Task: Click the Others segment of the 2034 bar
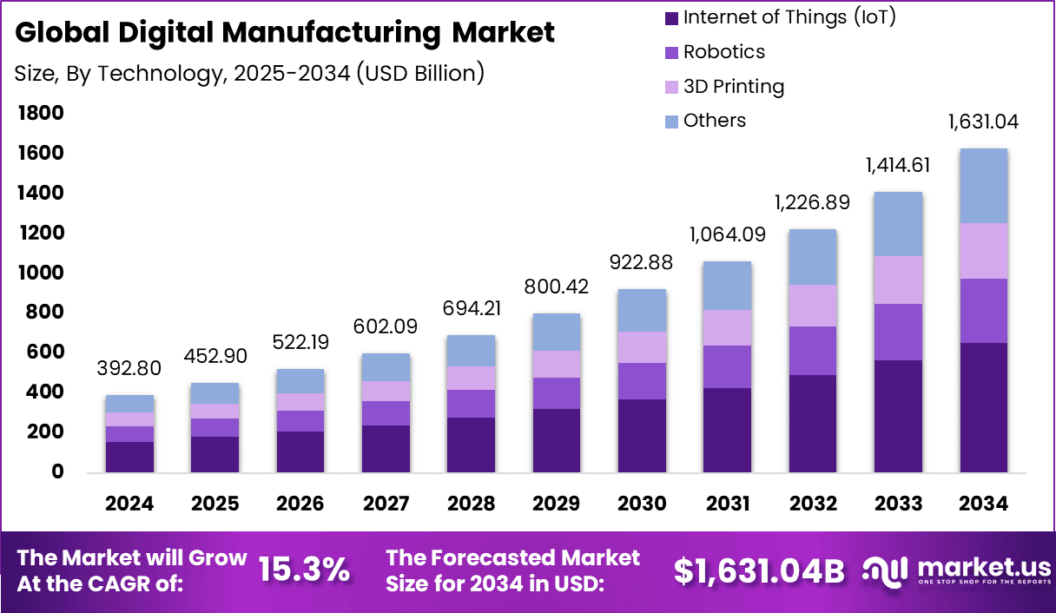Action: pyautogui.click(x=983, y=186)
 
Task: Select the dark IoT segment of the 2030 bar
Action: pyautogui.click(x=642, y=436)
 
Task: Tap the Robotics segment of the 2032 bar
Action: pyautogui.click(x=813, y=351)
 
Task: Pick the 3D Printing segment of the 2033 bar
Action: pyautogui.click(x=898, y=280)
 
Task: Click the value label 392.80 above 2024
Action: pyautogui.click(x=129, y=368)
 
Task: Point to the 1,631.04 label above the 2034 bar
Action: pyautogui.click(x=983, y=122)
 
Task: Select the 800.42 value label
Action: pyautogui.click(x=557, y=287)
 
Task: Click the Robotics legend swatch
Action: pyautogui.click(x=671, y=52)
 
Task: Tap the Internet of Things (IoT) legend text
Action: pyautogui.click(x=789, y=17)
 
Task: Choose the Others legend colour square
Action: pyautogui.click(x=671, y=121)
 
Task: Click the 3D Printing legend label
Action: pyautogui.click(x=733, y=87)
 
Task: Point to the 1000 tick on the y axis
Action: pyautogui.click(x=41, y=273)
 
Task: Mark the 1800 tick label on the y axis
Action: pyautogui.click(x=41, y=113)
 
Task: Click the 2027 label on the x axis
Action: pyautogui.click(x=386, y=504)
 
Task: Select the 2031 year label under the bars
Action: pyautogui.click(x=727, y=504)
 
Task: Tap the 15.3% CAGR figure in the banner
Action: pyautogui.click(x=304, y=570)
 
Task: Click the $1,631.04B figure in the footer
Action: pyautogui.click(x=759, y=570)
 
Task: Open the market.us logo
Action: pyautogui.click(x=955, y=570)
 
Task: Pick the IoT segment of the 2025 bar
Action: pyautogui.click(x=214, y=454)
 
